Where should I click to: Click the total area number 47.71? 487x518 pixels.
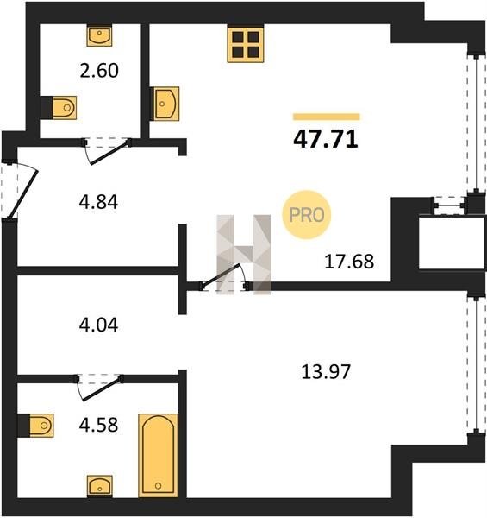(326, 139)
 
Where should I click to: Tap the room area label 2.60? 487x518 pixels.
(99, 71)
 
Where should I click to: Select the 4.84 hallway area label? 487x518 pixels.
(98, 202)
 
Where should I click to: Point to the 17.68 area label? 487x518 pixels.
(349, 262)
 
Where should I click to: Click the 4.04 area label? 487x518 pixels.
(98, 325)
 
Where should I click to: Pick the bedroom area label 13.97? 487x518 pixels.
(326, 371)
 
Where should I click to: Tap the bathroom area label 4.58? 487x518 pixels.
(98, 425)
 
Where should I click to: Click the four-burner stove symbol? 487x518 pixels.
(246, 45)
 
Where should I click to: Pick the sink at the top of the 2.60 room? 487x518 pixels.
(99, 36)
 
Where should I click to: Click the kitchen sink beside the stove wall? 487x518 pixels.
(165, 104)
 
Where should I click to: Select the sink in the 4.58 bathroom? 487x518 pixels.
(100, 486)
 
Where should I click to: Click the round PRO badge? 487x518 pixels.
(307, 215)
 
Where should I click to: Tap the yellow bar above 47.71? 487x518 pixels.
(327, 117)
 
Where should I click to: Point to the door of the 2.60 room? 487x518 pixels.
(109, 153)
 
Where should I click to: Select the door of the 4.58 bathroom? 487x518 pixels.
(100, 389)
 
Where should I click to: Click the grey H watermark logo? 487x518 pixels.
(244, 255)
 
